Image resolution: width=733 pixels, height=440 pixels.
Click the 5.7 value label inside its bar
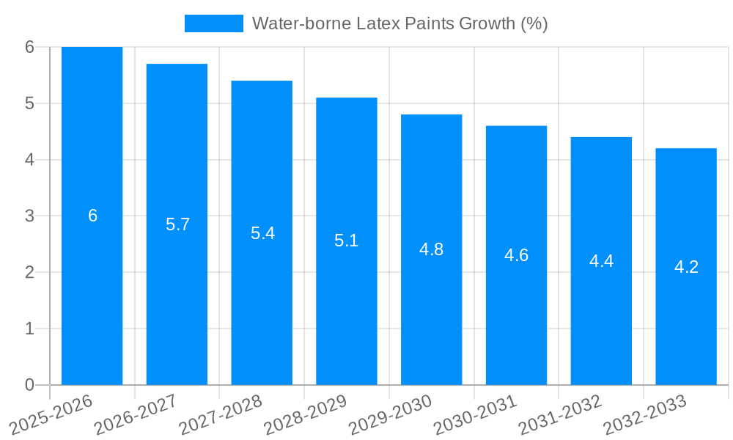[177, 224]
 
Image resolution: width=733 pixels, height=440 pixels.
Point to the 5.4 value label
[262, 233]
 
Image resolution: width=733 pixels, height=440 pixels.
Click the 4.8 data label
[431, 249]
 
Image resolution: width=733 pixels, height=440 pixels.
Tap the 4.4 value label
[601, 261]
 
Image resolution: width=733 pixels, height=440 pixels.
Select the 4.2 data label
[686, 267]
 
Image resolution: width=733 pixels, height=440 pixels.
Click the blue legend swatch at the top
[213, 23]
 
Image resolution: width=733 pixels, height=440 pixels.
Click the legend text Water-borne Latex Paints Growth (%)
[399, 23]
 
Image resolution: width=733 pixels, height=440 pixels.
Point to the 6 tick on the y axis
[29, 47]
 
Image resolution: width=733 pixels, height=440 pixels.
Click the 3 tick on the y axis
[29, 216]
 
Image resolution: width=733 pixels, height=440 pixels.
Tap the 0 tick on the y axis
[29, 385]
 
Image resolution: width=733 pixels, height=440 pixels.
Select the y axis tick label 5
[29, 103]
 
